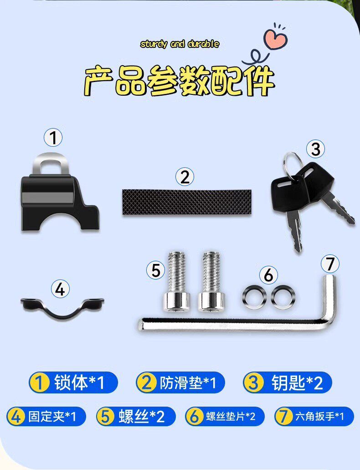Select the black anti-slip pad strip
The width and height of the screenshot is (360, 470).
point(187,202)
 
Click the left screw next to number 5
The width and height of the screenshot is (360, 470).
point(176,281)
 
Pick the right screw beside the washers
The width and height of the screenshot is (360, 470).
point(211,281)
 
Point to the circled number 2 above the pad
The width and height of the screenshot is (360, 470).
point(185,177)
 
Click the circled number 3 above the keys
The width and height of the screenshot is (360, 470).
point(315,149)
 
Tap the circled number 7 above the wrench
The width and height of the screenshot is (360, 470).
point(330,264)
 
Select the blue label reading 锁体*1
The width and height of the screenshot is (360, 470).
point(73,382)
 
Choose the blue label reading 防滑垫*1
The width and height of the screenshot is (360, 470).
point(180,382)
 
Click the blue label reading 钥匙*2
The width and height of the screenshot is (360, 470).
point(288,382)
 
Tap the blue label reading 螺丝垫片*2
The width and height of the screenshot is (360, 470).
point(225,416)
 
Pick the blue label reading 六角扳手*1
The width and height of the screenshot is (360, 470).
point(314,416)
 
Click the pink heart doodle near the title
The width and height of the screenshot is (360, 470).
point(275,39)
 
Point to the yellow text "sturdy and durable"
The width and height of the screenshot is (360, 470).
point(180,44)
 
